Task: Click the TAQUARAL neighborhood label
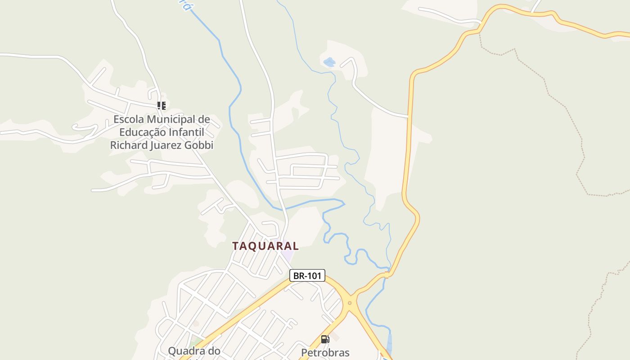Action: [265, 246]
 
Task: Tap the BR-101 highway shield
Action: [307, 276]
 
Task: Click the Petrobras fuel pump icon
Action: [325, 339]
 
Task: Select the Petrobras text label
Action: [325, 352]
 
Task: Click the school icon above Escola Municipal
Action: [161, 106]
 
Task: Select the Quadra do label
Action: [194, 351]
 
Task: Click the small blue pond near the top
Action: [329, 62]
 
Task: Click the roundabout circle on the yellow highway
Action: [350, 303]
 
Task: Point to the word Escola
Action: [129, 119]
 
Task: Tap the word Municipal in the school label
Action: [173, 119]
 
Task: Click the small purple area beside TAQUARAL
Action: [288, 257]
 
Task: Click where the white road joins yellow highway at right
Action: [409, 117]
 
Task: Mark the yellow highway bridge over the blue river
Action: [387, 274]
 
